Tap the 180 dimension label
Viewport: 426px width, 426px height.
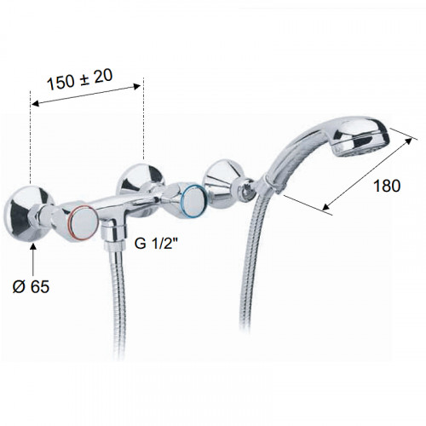point(387,186)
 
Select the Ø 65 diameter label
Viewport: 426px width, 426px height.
point(31,286)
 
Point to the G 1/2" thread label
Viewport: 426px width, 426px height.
point(158,244)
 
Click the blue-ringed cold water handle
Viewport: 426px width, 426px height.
point(193,202)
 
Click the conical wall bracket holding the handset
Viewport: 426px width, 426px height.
point(222,181)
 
